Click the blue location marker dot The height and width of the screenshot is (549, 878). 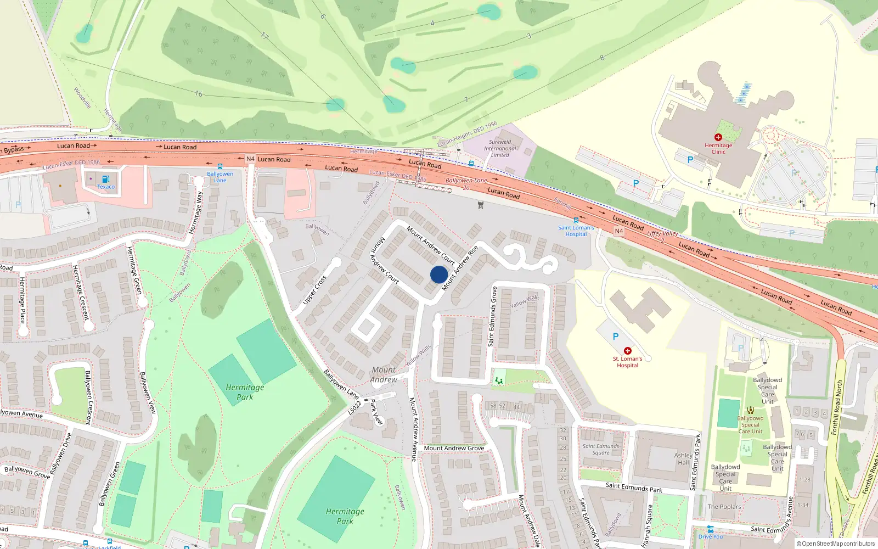(439, 274)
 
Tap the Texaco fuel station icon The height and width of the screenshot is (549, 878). (105, 179)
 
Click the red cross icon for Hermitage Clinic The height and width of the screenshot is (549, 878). (718, 137)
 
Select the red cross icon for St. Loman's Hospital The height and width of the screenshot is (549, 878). (627, 350)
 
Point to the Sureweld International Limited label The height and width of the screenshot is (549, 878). (500, 148)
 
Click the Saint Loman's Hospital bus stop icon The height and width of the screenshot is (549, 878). (576, 220)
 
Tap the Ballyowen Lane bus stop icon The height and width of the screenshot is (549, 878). (220, 166)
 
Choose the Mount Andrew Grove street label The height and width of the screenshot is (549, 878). (454, 448)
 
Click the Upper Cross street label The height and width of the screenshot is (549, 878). (314, 290)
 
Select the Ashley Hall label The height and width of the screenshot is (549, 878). (683, 459)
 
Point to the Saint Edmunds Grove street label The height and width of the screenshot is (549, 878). (492, 316)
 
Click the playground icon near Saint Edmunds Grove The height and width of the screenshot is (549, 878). (499, 380)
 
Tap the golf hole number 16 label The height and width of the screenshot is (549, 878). (199, 94)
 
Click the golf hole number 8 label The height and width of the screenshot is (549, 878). (602, 57)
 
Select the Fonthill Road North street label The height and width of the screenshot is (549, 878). (837, 407)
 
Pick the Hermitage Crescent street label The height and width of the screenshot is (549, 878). (80, 292)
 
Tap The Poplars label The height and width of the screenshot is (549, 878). (724, 507)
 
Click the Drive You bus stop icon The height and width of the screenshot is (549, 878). (711, 529)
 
